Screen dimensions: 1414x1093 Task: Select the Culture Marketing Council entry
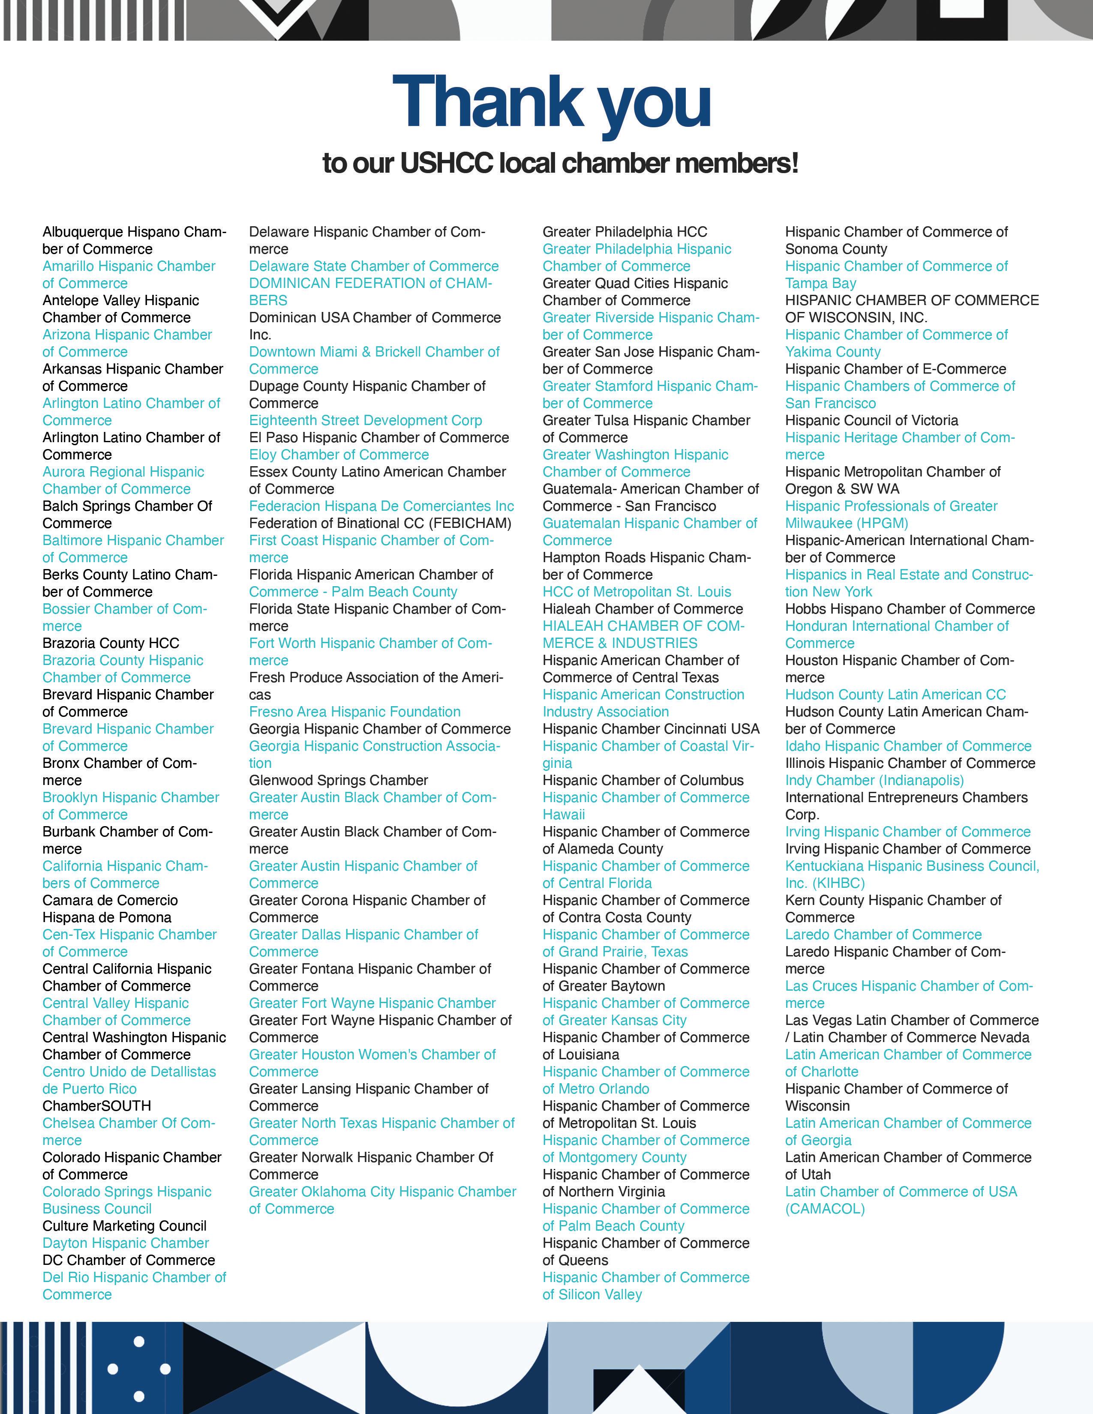pos(124,1225)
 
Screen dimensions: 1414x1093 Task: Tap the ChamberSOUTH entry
pos(96,1106)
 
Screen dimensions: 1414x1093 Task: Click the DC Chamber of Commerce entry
pos(128,1260)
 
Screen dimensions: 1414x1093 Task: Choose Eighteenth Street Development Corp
pos(365,420)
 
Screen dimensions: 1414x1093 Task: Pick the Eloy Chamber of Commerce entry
pos(339,455)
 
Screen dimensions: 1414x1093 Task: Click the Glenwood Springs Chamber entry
pos(338,780)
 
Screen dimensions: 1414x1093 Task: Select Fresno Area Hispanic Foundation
pos(355,712)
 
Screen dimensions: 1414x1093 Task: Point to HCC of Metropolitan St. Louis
pos(637,592)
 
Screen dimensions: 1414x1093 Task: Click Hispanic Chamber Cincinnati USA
pos(651,729)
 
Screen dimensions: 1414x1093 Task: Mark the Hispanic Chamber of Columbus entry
pos(643,780)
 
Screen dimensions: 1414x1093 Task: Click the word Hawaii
pos(563,815)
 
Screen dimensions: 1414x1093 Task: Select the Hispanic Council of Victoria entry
pos(871,420)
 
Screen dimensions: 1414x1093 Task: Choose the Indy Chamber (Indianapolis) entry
pos(874,780)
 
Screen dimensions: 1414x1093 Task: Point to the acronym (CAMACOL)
pos(825,1209)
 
